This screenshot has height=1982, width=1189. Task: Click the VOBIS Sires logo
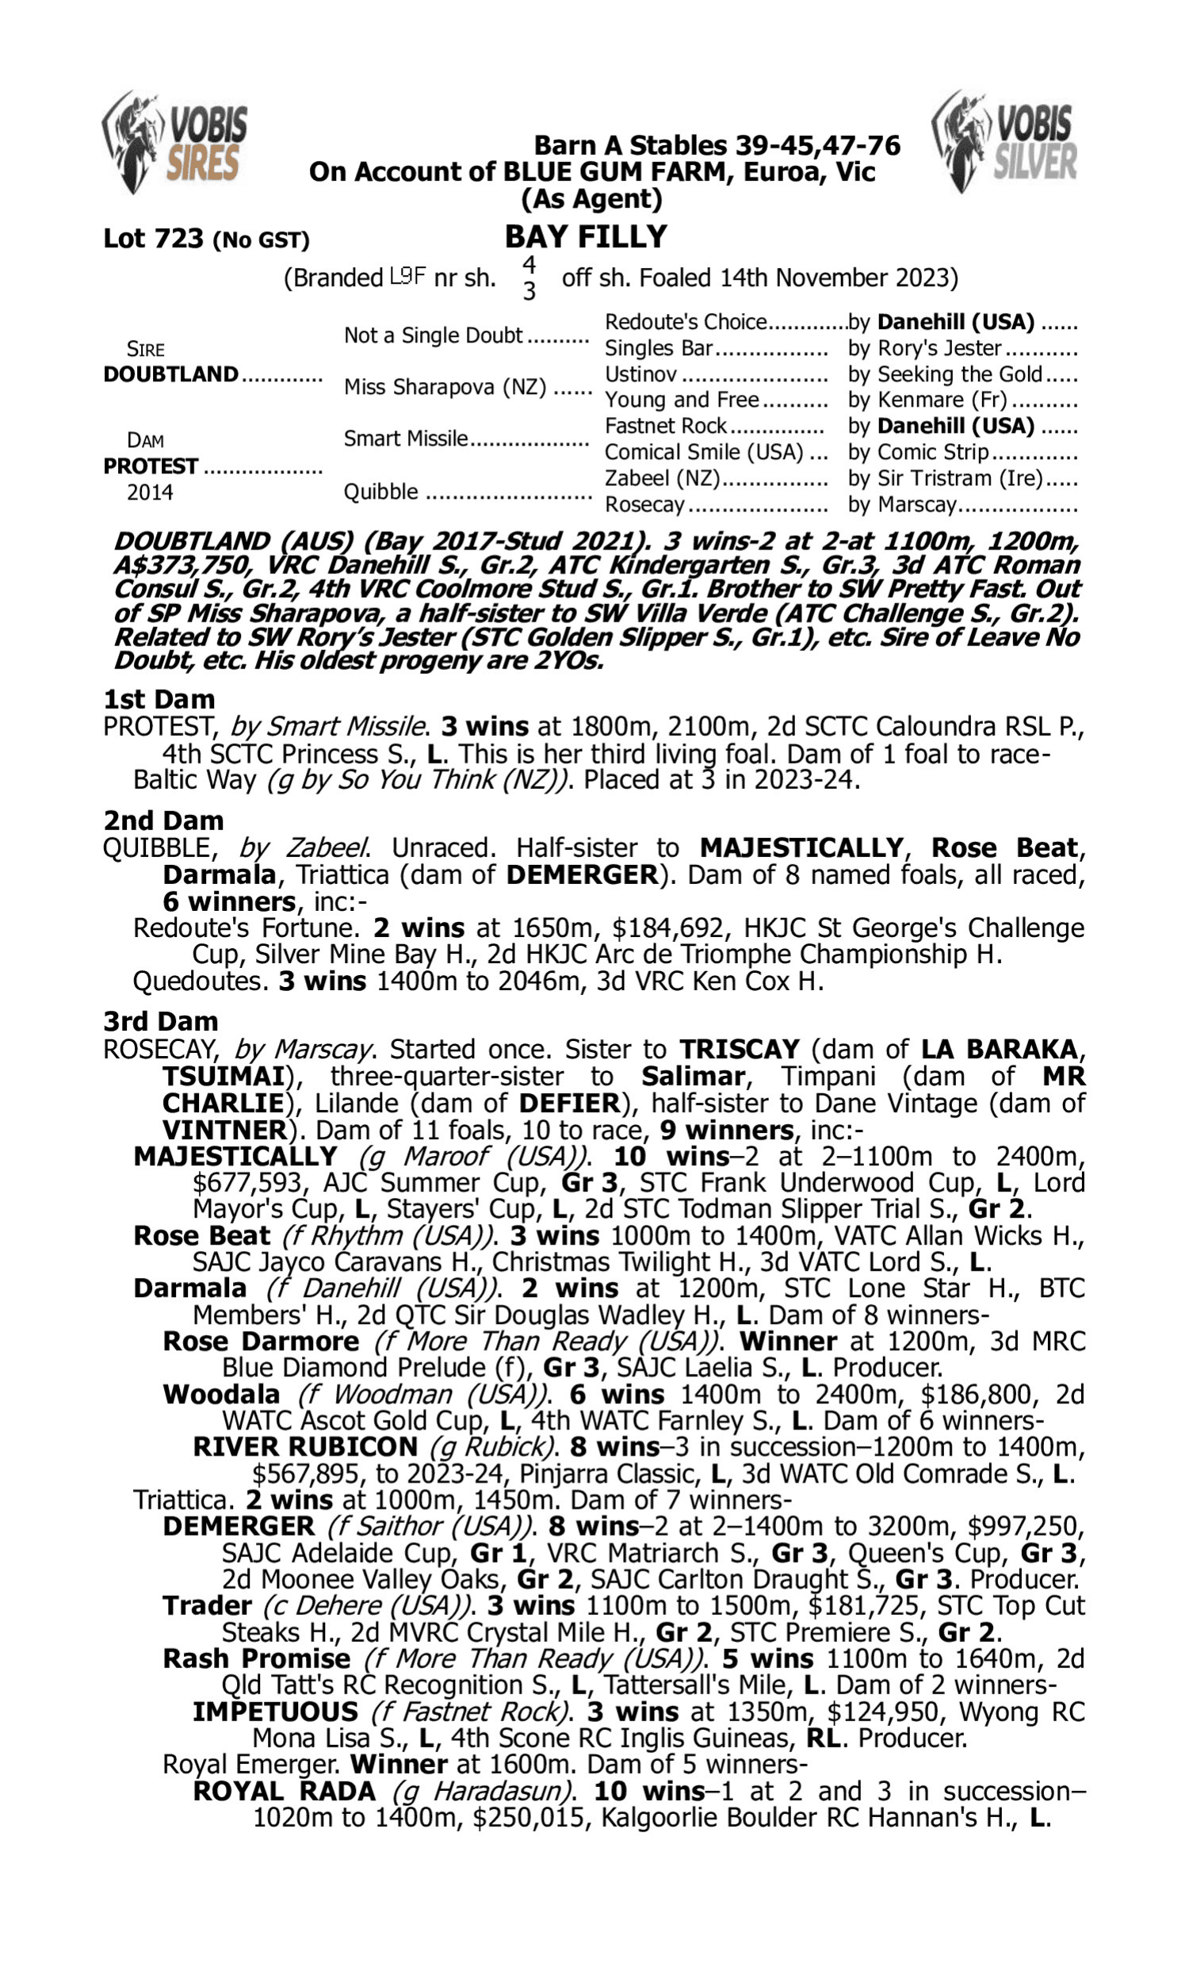[174, 143]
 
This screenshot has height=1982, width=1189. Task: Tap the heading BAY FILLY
[586, 237]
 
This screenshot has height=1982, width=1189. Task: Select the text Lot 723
[154, 239]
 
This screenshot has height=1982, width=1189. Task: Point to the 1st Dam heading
[159, 699]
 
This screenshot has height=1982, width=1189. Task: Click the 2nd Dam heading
[162, 821]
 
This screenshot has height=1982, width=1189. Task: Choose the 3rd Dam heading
[160, 1021]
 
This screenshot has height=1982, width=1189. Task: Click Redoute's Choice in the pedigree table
[686, 322]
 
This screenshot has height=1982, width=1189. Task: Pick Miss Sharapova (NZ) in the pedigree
[445, 388]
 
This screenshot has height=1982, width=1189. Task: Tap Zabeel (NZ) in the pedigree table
[663, 478]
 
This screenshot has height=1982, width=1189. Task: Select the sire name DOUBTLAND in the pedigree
[170, 374]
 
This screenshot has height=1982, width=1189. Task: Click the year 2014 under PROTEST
[150, 492]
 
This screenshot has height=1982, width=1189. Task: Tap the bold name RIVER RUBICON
[305, 1447]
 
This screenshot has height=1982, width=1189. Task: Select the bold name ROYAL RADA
[284, 1791]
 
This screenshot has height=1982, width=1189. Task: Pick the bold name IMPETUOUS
[275, 1711]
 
